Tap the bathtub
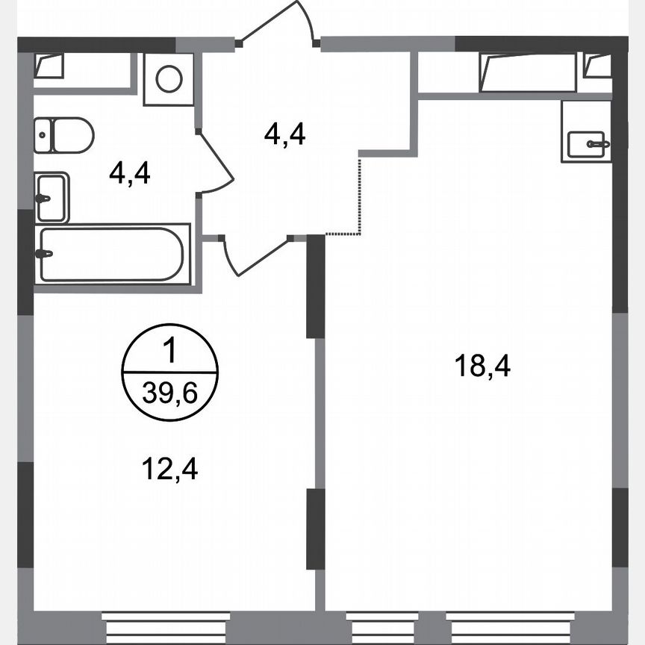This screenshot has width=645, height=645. (112, 255)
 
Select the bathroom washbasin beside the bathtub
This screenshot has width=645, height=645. (52, 198)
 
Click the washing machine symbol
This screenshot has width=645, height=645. (169, 78)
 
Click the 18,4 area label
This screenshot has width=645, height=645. (482, 367)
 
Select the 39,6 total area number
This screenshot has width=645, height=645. (170, 393)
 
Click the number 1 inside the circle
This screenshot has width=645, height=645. (170, 349)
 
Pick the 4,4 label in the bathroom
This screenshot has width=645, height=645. (130, 174)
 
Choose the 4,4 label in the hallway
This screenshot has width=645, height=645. (285, 134)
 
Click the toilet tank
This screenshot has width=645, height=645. (42, 135)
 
